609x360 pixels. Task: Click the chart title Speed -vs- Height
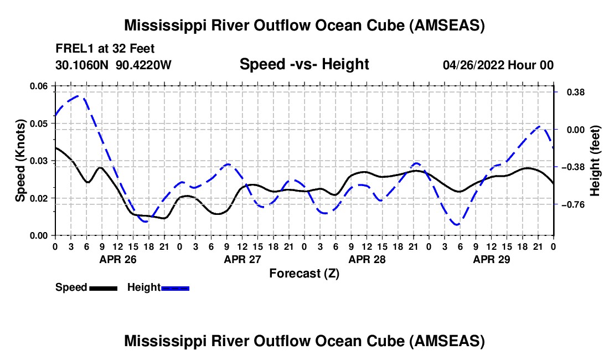tap(304, 64)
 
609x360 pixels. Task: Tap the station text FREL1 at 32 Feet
tap(105, 48)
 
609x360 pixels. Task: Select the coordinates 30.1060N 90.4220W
tap(113, 65)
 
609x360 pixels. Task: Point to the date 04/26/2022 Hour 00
tap(498, 65)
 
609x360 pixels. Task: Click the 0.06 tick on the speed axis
tap(38, 86)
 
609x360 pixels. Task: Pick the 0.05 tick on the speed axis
tap(38, 124)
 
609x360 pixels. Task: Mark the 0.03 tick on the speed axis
tap(38, 161)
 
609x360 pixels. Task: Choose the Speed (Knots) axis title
tap(20, 161)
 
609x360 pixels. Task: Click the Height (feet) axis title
tap(596, 161)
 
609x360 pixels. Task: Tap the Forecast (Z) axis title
tap(304, 273)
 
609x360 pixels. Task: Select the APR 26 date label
tap(117, 259)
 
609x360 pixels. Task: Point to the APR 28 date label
tap(367, 259)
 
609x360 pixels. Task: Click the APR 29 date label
tap(491, 259)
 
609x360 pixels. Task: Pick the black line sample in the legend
tap(103, 288)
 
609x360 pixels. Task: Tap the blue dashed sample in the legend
tap(176, 288)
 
